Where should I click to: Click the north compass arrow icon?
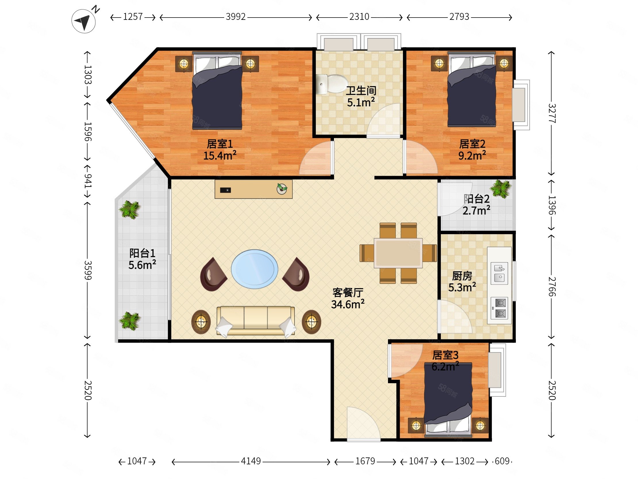coord(84,21)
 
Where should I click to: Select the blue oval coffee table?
coord(254,269)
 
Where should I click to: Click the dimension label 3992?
coord(236,17)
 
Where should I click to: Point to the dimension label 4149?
coord(251,461)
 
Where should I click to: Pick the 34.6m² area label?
coord(347,304)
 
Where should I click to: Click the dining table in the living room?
coord(398,253)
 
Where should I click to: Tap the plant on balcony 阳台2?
coord(501,189)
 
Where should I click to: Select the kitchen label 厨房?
coord(462,276)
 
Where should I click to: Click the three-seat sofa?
coord(256,321)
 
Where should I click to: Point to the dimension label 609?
coord(502,461)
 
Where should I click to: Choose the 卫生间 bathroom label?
coord(361,91)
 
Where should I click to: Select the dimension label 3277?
coord(551,113)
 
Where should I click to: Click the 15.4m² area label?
coord(220,156)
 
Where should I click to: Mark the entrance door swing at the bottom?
coord(364,424)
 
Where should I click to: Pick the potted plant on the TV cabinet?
coord(282,189)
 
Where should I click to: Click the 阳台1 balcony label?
coord(142,253)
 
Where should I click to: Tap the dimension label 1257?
coord(133,17)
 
